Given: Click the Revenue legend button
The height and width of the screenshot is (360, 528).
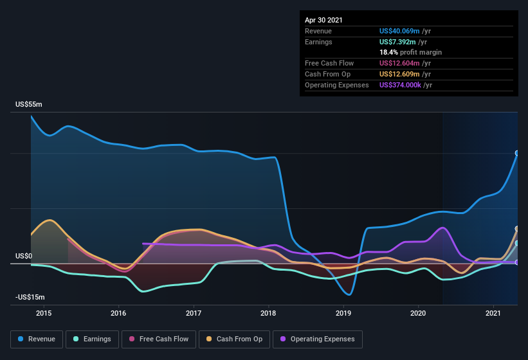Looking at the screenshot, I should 37,339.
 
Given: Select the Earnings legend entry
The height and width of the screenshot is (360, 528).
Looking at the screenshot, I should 92,339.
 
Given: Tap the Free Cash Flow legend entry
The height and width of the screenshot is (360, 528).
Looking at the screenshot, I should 159,339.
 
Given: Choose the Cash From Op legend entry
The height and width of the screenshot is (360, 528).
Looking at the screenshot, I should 235,339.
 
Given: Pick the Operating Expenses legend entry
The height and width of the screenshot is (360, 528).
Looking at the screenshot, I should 317,339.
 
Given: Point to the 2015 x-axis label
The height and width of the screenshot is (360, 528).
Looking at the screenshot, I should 44,313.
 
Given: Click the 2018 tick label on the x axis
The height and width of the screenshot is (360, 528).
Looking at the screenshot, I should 268,313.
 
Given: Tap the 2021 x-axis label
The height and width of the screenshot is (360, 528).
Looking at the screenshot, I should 493,313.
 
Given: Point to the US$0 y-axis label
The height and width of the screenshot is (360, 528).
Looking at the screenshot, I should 24,256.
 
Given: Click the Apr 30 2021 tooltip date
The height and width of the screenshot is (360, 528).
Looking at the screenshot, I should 323,20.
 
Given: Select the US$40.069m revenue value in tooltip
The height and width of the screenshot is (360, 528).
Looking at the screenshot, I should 399,31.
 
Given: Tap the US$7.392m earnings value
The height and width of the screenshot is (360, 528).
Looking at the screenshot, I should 397,42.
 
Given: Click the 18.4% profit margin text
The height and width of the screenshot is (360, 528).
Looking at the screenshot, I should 410,52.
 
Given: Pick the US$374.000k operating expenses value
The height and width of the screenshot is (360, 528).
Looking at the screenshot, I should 405,85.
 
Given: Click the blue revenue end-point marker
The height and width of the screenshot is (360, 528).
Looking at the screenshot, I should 516,153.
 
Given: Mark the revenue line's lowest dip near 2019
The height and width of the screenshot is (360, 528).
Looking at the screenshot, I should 349,294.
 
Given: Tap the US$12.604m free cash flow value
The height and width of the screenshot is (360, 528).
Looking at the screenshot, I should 399,63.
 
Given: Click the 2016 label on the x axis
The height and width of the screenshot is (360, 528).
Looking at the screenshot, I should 118,313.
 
